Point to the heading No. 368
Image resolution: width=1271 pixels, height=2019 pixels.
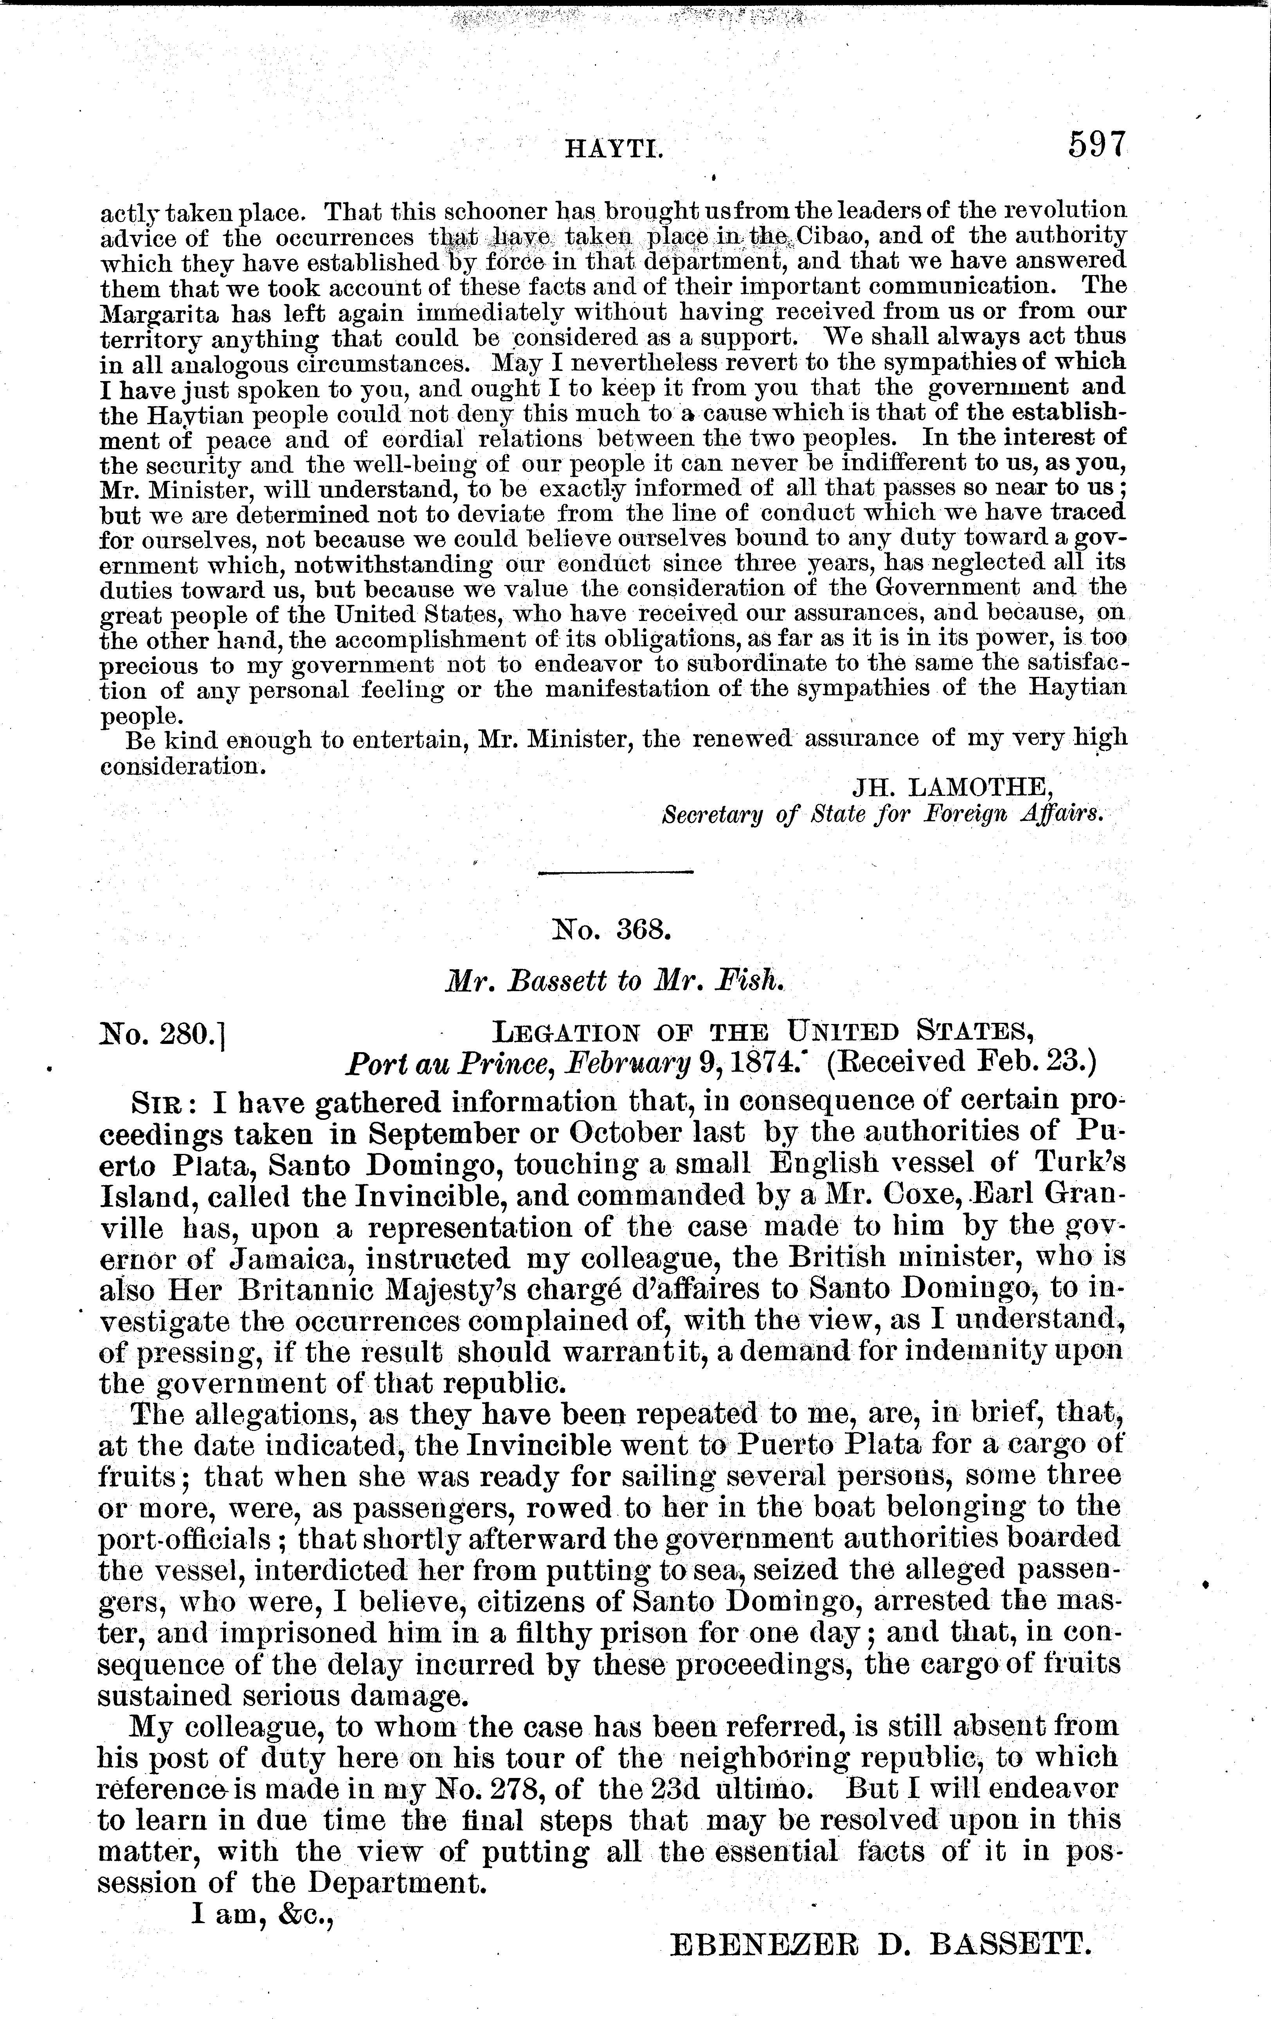click(x=608, y=929)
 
